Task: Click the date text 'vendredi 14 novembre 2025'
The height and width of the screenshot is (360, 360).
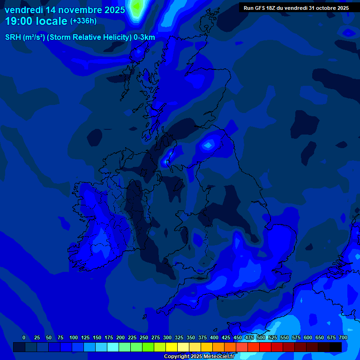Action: pos(65,10)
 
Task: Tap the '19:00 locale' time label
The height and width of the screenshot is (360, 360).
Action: pos(36,21)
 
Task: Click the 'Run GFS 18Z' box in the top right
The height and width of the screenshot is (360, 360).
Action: pos(296,8)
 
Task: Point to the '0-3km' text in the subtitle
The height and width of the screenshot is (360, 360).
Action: pos(144,37)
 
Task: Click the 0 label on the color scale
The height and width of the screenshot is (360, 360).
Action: pos(24,337)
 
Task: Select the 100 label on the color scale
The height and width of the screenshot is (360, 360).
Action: pos(74,337)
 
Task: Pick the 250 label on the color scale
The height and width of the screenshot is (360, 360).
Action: pos(144,337)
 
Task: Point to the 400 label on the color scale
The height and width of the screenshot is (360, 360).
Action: pos(214,337)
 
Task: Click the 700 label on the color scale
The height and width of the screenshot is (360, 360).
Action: pos(343,337)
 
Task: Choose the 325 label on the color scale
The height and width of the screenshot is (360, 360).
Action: pos(179,337)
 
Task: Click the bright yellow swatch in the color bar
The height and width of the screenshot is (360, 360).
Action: pos(172,347)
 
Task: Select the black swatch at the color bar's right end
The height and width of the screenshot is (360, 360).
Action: pos(336,347)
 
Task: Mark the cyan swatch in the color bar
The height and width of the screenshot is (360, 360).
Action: pos(113,347)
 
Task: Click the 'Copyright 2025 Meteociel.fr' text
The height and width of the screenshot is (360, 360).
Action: pos(199,357)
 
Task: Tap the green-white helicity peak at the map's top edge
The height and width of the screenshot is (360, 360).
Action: pos(136,7)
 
